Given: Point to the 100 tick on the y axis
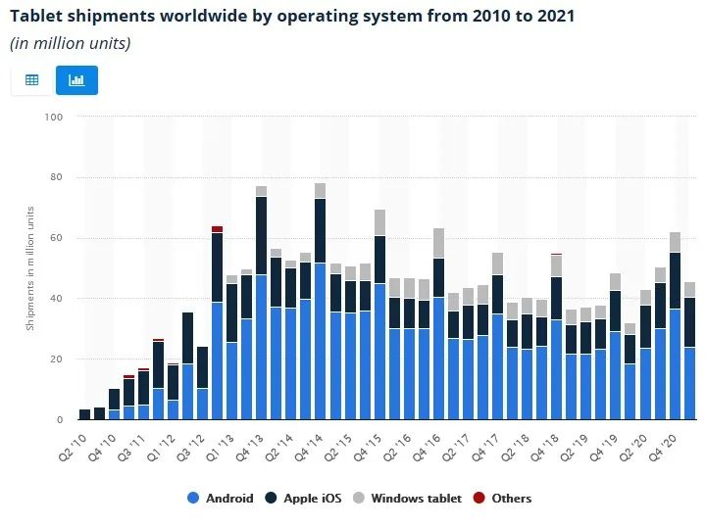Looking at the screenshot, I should pyautogui.click(x=54, y=118).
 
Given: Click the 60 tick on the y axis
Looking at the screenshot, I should pyautogui.click(x=56, y=238).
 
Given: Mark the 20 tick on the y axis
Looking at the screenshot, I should pyautogui.click(x=56, y=359).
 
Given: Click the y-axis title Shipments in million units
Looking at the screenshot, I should pyautogui.click(x=30, y=269).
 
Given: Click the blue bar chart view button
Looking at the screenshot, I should pyautogui.click(x=76, y=79).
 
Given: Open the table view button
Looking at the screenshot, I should pyautogui.click(x=31, y=79).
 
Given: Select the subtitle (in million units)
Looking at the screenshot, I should pyautogui.click(x=70, y=43).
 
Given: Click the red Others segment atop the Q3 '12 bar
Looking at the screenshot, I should pyautogui.click(x=217, y=229).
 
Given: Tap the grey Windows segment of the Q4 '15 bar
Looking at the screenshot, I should pyautogui.click(x=379, y=222).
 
